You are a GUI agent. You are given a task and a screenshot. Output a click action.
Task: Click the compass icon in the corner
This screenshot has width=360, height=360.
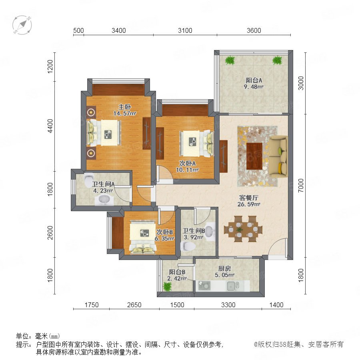pyautogui.click(x=22, y=25)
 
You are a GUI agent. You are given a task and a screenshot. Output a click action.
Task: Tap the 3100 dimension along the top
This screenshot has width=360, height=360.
pyautogui.click(x=185, y=30)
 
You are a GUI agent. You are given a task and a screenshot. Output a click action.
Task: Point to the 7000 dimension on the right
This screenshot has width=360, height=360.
pyautogui.click(x=300, y=186)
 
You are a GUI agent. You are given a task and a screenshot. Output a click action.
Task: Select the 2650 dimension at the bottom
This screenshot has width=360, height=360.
pyautogui.click(x=134, y=305)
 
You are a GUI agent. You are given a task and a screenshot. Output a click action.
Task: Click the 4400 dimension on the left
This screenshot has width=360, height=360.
pyautogui.click(x=50, y=126)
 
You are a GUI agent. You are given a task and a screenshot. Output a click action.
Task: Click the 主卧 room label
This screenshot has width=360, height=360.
pyautogui.click(x=125, y=107)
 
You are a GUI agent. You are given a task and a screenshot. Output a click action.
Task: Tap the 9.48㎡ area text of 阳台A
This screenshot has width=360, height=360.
pyautogui.click(x=254, y=87)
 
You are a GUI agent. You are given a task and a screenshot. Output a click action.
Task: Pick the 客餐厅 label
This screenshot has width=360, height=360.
pyautogui.click(x=249, y=198)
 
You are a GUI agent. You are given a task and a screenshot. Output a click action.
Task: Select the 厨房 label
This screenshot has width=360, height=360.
pyautogui.click(x=224, y=268)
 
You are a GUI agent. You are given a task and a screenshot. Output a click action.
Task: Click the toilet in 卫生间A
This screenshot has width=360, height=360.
pyautogui.click(x=89, y=180)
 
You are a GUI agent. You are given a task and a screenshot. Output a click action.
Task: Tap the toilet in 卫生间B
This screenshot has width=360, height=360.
pyautogui.click(x=188, y=246)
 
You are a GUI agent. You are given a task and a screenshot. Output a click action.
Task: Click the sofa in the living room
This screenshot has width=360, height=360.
pyautogui.click(x=278, y=156)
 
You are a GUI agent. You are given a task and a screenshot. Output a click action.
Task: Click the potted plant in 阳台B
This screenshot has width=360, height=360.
pyautogui.click(x=167, y=286)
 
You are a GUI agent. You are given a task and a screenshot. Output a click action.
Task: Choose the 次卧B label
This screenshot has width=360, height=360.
pyautogui.click(x=165, y=232)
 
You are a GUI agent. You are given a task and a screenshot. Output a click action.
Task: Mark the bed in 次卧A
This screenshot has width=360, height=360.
pyautogui.click(x=197, y=144)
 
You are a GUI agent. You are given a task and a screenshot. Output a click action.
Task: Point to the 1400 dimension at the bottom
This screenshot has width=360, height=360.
pyautogui.click(x=276, y=305)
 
